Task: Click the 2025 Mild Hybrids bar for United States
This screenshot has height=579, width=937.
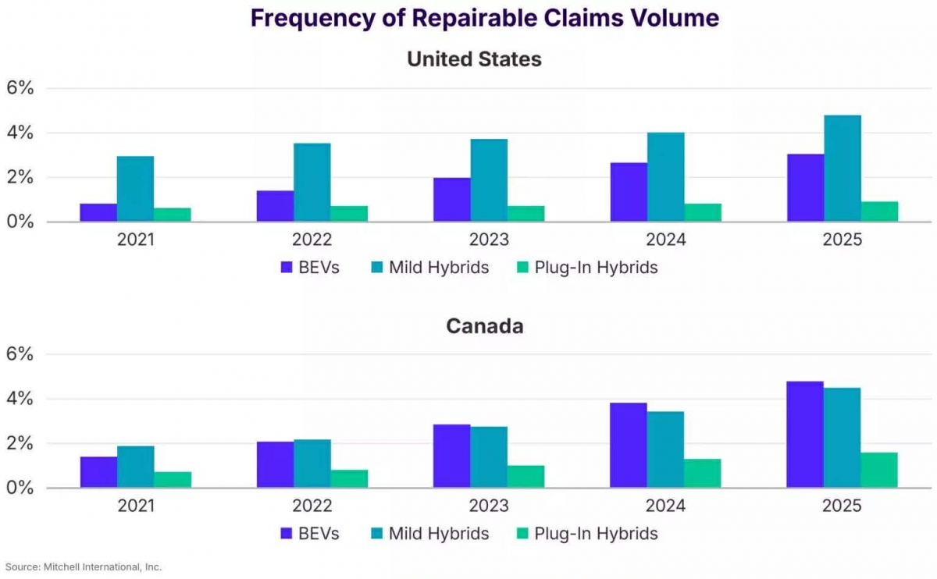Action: pos(843,169)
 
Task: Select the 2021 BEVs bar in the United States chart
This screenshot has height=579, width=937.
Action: pos(98,212)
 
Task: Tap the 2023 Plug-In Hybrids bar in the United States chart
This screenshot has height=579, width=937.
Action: pos(526,214)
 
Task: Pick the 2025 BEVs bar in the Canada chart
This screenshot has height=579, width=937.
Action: pos(805,435)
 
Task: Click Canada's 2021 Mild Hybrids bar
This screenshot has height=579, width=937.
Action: pos(136,467)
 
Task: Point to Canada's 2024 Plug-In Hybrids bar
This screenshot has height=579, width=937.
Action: pos(703,473)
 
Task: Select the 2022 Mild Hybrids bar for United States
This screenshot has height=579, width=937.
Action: pos(312,183)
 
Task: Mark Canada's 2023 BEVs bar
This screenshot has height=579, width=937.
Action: pos(451,456)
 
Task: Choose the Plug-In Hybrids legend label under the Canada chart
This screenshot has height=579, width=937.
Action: pos(596,534)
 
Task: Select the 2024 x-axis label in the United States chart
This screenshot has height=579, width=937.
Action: pos(665,240)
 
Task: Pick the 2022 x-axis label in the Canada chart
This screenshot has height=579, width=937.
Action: pos(312,506)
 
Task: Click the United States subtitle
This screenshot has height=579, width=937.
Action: pos(474,59)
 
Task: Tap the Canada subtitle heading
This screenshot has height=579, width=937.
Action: pos(484,325)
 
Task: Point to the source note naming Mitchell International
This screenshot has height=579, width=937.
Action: pos(84,567)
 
